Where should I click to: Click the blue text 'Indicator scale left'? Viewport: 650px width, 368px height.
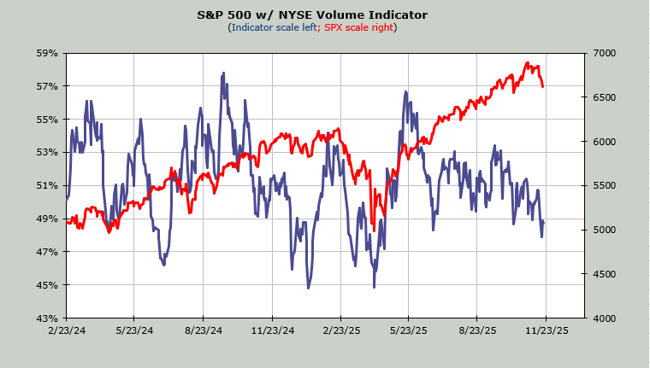click(x=273, y=27)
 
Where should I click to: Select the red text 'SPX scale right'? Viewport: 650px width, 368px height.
click(x=357, y=27)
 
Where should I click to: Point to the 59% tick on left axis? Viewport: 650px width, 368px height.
click(x=46, y=53)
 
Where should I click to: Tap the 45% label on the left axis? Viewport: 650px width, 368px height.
click(x=46, y=285)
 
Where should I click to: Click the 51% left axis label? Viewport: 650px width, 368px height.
click(x=46, y=185)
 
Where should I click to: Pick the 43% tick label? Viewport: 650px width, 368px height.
click(x=46, y=318)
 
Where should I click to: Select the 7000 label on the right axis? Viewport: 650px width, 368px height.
click(x=601, y=53)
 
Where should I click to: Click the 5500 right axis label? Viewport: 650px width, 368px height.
click(x=601, y=185)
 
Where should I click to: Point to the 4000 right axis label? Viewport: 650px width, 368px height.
click(x=601, y=318)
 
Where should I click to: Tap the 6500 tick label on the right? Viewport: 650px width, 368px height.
click(x=601, y=97)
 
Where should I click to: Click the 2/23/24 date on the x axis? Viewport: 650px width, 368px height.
click(x=65, y=330)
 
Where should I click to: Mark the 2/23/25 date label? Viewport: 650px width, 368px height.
click(x=341, y=330)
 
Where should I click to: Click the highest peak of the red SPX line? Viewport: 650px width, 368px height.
click(x=528, y=63)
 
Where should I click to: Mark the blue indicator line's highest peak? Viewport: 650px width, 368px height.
click(x=224, y=73)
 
